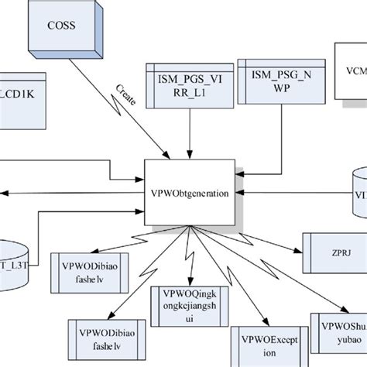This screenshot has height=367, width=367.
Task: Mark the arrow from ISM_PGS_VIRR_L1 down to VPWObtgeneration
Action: pos(189,132)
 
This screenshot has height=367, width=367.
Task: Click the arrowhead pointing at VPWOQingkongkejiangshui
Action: pos(188,283)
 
